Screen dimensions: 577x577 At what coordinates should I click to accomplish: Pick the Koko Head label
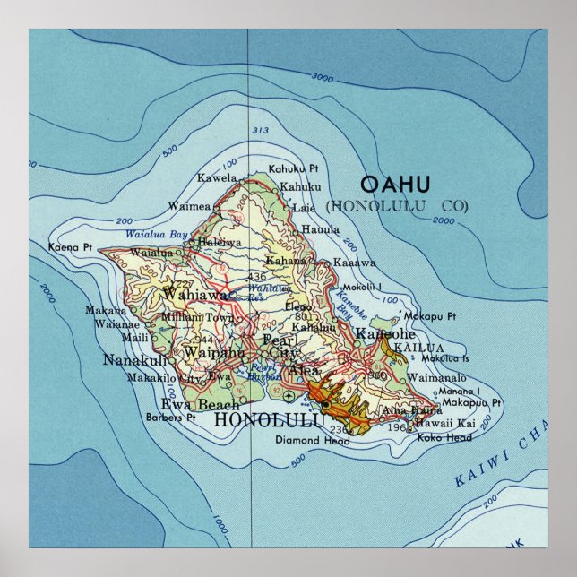coord(444,437)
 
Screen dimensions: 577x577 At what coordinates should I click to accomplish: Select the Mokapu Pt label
coord(431,316)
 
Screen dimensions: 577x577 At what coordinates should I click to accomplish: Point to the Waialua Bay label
coord(157,235)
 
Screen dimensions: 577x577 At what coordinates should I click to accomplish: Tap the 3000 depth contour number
coord(323,78)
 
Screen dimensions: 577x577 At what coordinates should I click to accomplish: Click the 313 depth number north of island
coord(260,132)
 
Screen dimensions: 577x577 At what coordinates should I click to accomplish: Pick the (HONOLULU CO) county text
coord(397,205)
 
